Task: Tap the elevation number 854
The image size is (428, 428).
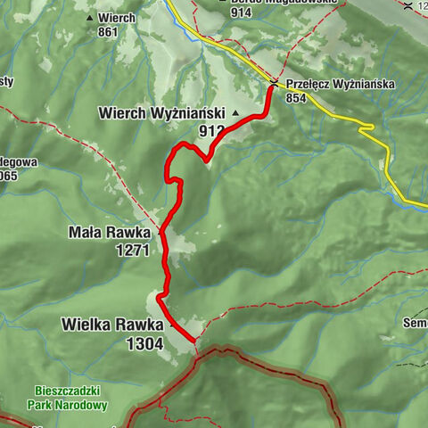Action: click(x=297, y=99)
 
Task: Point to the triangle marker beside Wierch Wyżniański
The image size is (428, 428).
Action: click(x=236, y=114)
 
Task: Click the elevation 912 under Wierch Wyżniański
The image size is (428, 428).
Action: click(x=212, y=131)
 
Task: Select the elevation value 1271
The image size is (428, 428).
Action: click(x=132, y=251)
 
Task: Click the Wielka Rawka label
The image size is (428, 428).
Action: click(x=111, y=324)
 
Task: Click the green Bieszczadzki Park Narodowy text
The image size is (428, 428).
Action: click(x=72, y=398)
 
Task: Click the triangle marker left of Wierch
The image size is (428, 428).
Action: click(x=89, y=17)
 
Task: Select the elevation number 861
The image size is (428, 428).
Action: click(x=109, y=32)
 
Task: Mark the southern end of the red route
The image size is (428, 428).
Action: click(x=194, y=341)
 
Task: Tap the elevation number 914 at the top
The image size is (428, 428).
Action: click(x=241, y=12)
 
